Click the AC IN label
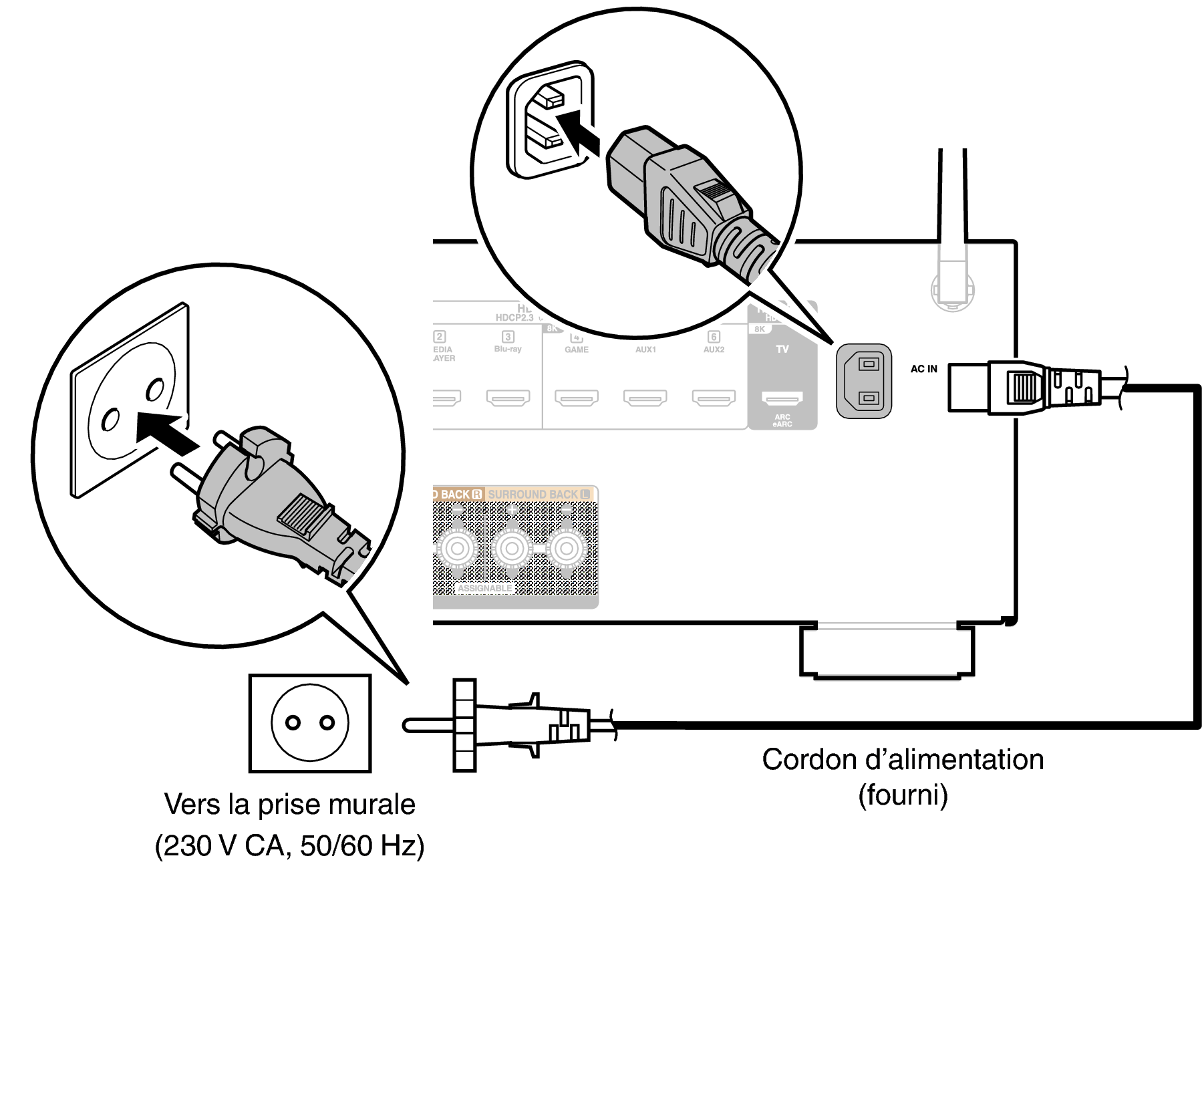[x=923, y=369]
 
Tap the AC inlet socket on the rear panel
[x=863, y=381]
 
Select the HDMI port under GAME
[x=577, y=399]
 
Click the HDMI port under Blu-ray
[x=508, y=399]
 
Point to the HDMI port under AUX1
[x=645, y=399]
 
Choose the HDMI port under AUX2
[x=714, y=399]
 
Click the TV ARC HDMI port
[x=782, y=400]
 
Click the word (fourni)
[x=903, y=795]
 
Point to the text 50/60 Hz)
[x=362, y=846]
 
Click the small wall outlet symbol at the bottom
[x=309, y=723]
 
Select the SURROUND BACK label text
[x=533, y=495]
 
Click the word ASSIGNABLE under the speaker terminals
[x=485, y=588]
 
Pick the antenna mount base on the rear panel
[x=952, y=288]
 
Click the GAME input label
[x=577, y=350]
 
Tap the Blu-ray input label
[x=508, y=349]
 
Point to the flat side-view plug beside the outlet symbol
[x=508, y=726]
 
